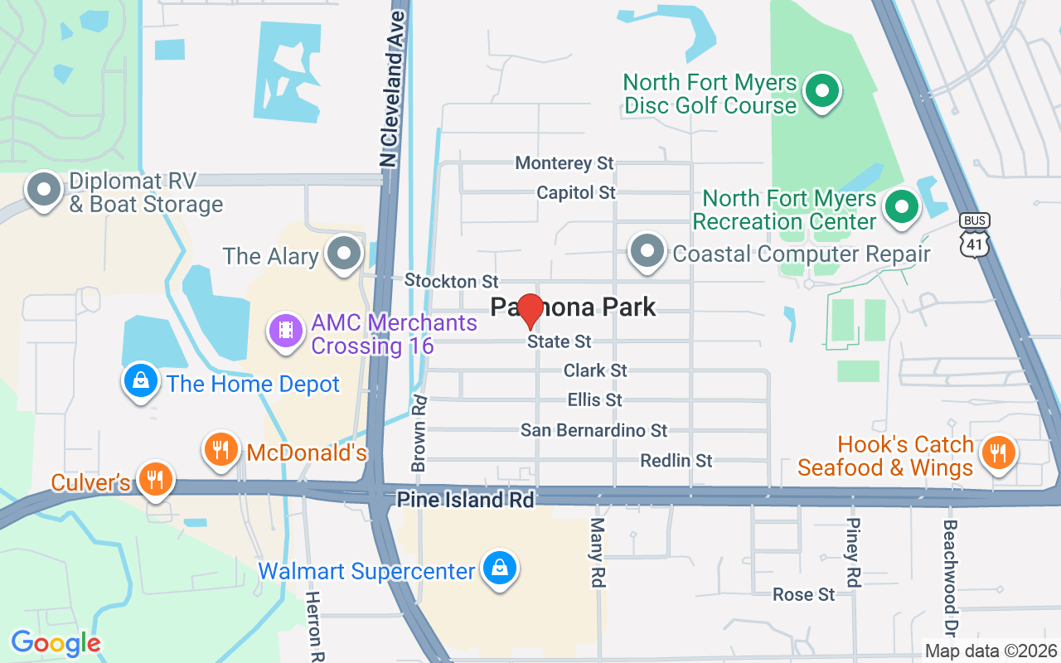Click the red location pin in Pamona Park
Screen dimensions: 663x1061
tap(530, 311)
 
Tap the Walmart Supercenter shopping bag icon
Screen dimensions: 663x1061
tap(500, 569)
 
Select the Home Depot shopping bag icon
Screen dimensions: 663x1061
tap(141, 381)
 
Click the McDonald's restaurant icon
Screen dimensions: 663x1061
tap(220, 450)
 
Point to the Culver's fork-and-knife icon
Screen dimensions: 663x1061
tap(154, 478)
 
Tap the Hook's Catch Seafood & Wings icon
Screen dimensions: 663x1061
tap(999, 453)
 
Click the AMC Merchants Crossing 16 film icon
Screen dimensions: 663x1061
tap(286, 331)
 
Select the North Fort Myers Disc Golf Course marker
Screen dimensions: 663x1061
tap(822, 92)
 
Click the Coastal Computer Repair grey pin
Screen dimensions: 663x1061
tap(647, 251)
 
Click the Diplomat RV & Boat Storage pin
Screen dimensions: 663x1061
tap(43, 191)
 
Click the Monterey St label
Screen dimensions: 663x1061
tap(564, 163)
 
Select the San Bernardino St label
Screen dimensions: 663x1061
tap(593, 430)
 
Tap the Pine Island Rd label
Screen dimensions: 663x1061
tap(466, 500)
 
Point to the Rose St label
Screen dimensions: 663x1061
tap(803, 594)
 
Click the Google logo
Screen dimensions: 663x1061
tap(56, 643)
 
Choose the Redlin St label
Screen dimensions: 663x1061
tap(676, 460)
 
